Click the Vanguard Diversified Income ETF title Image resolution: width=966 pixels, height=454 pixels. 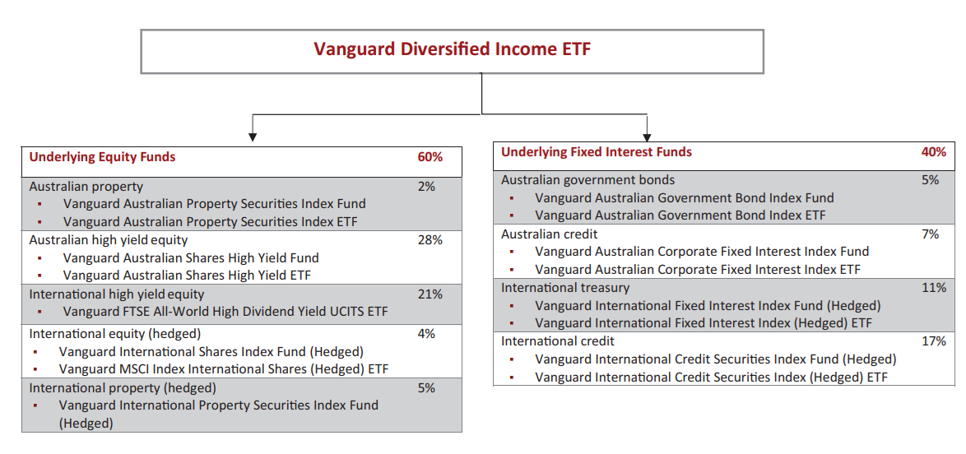pos(452,49)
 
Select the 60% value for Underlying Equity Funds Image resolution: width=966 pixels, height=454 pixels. pos(430,157)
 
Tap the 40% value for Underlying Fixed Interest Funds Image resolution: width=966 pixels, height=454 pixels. pos(933,151)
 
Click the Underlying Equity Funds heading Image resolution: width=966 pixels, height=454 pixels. pos(102,157)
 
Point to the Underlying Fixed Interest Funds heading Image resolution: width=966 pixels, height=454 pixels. pos(596,151)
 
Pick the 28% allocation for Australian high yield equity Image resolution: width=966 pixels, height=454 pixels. pos(430,240)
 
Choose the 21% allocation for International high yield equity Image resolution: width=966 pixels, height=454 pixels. pos(430,294)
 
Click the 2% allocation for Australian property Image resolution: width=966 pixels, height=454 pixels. pos(426,187)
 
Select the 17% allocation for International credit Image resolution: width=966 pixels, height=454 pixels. pos(933,340)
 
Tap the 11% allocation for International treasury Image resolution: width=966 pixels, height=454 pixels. pos(933,288)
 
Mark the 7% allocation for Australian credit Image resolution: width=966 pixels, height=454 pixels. pos(930,234)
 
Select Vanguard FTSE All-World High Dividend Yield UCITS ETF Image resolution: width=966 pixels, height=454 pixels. pos(225,312)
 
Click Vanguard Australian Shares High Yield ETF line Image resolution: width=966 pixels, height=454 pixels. pos(187,276)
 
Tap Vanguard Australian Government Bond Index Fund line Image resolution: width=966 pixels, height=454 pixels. pos(684,197)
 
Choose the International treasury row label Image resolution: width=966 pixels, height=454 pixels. pos(565,288)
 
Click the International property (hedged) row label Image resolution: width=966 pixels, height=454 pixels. pos(123,387)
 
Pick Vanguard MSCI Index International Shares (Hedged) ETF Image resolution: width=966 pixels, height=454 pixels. pos(223,369)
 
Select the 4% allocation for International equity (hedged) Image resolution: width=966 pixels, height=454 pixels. pos(426,334)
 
